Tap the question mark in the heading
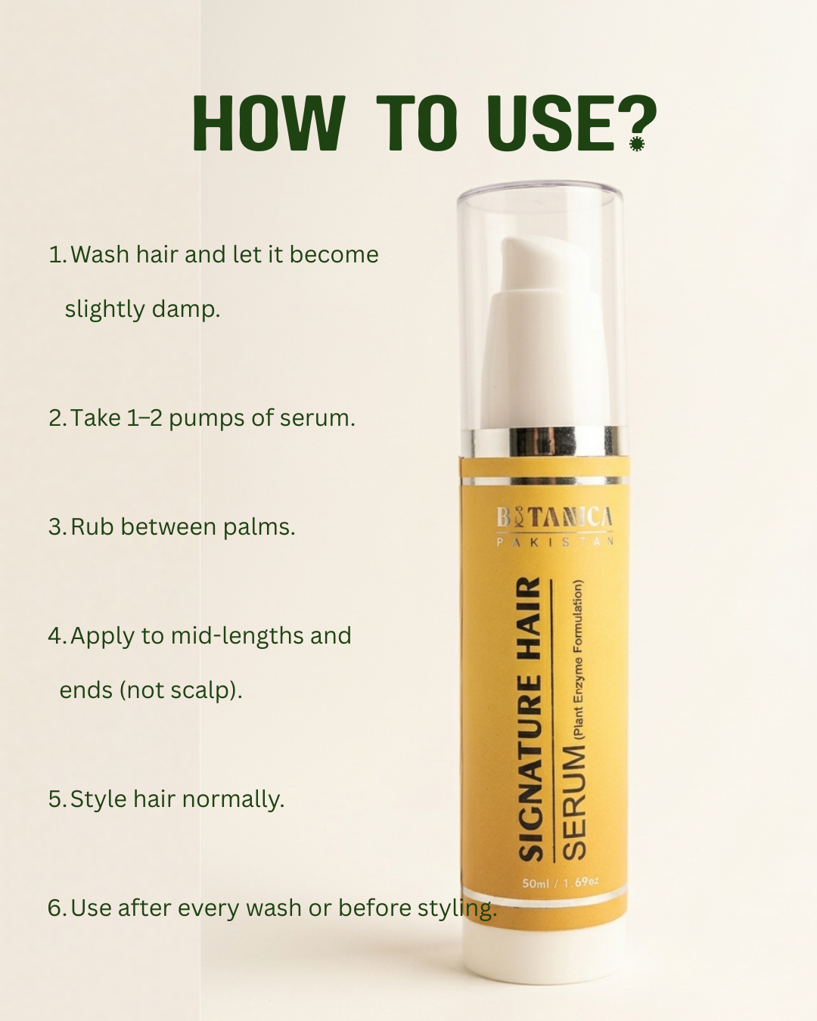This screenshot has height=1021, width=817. click(x=637, y=123)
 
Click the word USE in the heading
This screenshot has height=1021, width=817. click(x=550, y=123)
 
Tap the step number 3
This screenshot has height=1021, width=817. click(x=57, y=527)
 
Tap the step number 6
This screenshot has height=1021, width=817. click(x=57, y=908)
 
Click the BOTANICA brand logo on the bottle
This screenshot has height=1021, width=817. click(x=555, y=517)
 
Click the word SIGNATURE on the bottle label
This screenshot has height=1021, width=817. click(x=530, y=768)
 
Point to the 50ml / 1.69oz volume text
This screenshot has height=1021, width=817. click(x=560, y=882)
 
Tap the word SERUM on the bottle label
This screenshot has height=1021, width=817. click(x=573, y=802)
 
